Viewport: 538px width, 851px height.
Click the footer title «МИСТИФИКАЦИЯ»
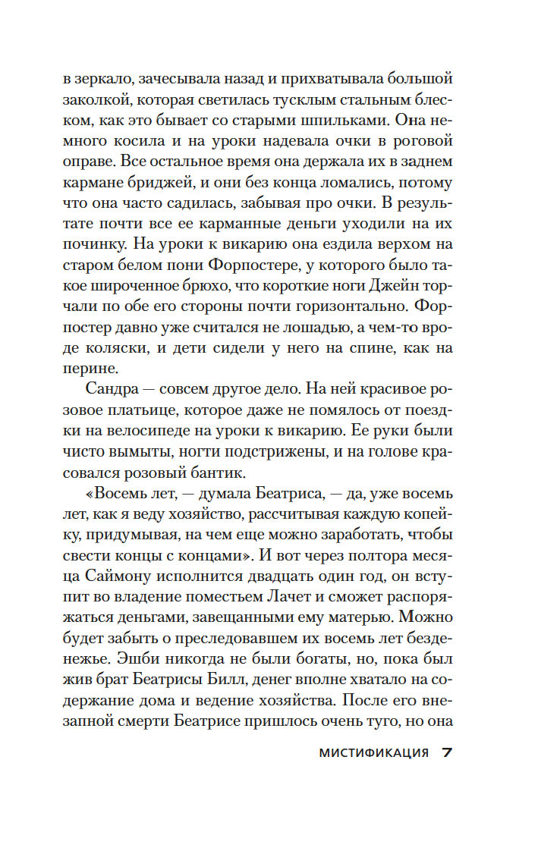pos(374,753)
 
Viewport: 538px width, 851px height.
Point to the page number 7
pos(447,752)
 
